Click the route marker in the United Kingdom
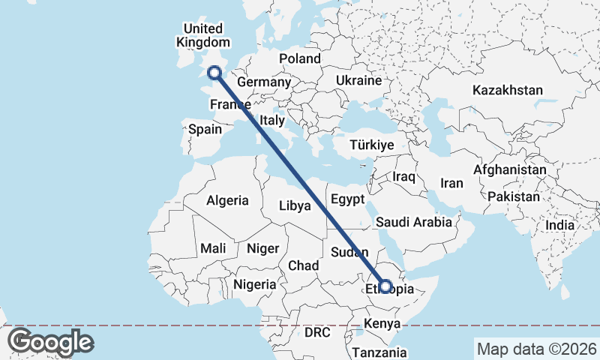(x=214, y=73)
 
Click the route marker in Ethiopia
(x=385, y=286)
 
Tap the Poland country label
(x=300, y=58)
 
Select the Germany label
(x=263, y=82)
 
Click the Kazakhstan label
(x=508, y=90)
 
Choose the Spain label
(x=205, y=129)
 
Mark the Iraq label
(x=403, y=176)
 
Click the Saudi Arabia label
(x=414, y=222)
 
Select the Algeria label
(x=227, y=200)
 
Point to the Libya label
(x=294, y=205)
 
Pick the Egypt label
(x=347, y=199)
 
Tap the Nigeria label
(x=255, y=284)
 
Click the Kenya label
(x=382, y=324)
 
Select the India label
(x=559, y=225)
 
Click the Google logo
(x=50, y=342)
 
